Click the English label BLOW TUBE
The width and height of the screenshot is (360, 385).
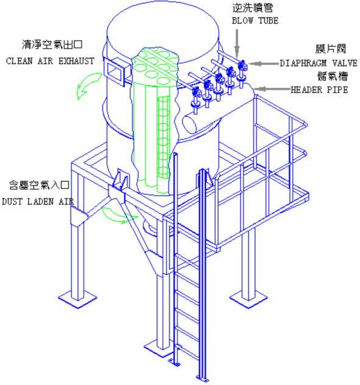click(255, 21)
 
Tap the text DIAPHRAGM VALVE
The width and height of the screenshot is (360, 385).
click(319, 63)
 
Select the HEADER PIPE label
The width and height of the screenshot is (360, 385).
click(319, 90)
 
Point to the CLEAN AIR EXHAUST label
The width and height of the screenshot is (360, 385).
click(50, 61)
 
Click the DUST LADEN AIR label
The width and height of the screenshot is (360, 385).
click(38, 202)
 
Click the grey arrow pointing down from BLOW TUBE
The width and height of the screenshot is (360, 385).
click(237, 44)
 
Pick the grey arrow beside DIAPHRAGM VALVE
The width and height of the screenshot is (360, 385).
click(264, 63)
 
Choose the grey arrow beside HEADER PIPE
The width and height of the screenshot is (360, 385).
click(272, 89)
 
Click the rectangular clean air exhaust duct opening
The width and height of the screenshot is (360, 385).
click(115, 71)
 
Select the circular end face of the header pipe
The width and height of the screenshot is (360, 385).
click(189, 124)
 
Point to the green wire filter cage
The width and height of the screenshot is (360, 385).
click(163, 138)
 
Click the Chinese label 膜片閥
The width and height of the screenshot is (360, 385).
click(331, 49)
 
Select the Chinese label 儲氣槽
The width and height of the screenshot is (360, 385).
click(333, 76)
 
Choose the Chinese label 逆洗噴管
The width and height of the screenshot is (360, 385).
click(253, 8)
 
